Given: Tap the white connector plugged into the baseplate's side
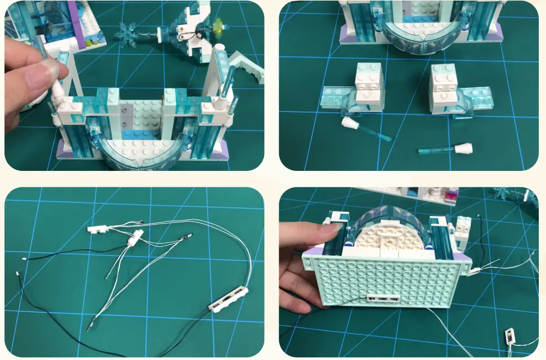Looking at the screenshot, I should (x=474, y=270).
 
